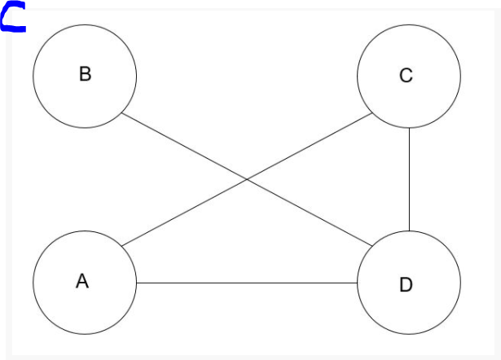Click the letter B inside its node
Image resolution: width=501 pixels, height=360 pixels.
pyautogui.click(x=85, y=74)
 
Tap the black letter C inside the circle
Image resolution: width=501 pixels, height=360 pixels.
pyautogui.click(x=406, y=76)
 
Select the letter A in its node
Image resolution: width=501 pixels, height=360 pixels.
pyautogui.click(x=81, y=282)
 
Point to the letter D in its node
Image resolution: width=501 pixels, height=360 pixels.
pyautogui.click(x=406, y=284)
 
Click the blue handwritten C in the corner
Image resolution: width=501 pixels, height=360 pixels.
pyautogui.click(x=12, y=17)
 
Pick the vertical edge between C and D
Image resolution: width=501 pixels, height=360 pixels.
pyautogui.click(x=409, y=179)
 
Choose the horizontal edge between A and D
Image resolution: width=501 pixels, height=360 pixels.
pyautogui.click(x=244, y=283)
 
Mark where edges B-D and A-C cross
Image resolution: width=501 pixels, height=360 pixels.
pyautogui.click(x=247, y=180)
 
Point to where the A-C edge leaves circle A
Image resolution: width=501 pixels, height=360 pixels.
pyautogui.click(x=123, y=246)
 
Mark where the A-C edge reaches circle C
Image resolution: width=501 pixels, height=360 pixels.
pyautogui.click(x=371, y=113)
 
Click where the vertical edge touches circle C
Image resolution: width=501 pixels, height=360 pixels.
pyautogui.click(x=409, y=128)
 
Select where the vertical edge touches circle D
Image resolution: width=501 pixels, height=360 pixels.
pyautogui.click(x=409, y=231)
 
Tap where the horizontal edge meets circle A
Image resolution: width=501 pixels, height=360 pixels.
pyautogui.click(x=137, y=283)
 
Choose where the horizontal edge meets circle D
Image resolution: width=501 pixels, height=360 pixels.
pyautogui.click(x=357, y=283)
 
